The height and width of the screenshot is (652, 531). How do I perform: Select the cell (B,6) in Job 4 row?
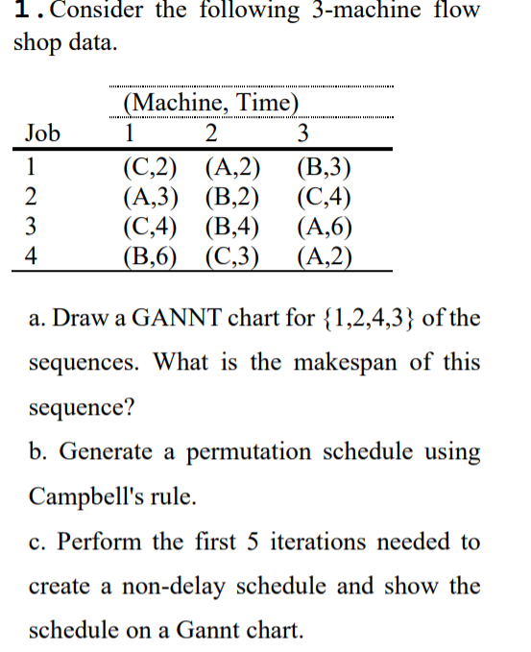[x=151, y=257]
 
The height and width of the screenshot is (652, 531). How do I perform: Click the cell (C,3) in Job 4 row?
[x=233, y=257]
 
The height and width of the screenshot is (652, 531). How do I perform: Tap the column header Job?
[x=42, y=133]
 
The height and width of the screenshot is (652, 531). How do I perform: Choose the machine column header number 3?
[x=304, y=133]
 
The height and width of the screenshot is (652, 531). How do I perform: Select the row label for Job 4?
[x=31, y=257]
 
